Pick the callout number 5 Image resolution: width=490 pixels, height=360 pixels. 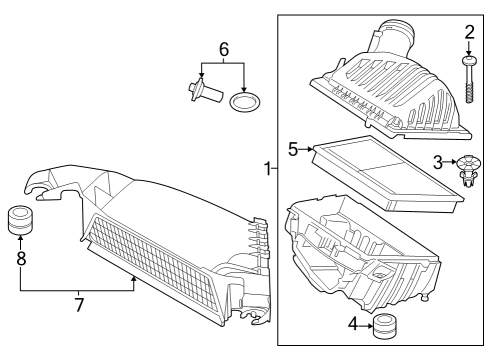[294, 149]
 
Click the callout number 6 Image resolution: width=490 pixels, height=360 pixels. [224, 48]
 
